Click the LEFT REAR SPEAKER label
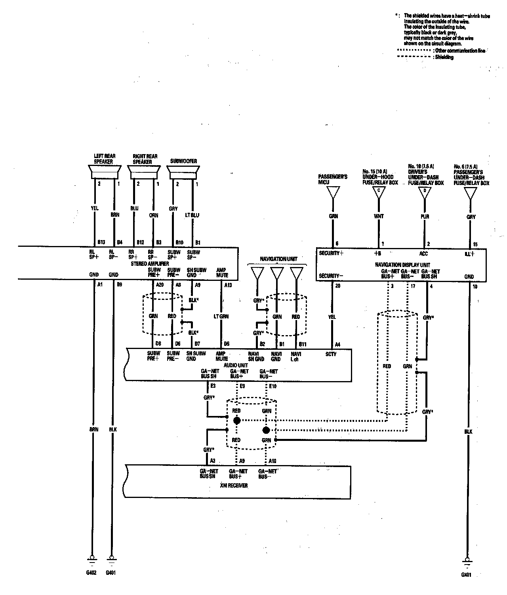pyautogui.click(x=105, y=159)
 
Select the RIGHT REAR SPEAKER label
pyautogui.click(x=145, y=159)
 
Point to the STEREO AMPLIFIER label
pyautogui.click(x=151, y=263)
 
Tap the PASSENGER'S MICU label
pyautogui.click(x=333, y=179)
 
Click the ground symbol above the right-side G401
pyautogui.click(x=467, y=561)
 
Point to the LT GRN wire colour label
pyautogui.click(x=221, y=317)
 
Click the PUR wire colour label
pyautogui.click(x=425, y=217)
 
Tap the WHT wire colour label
pyautogui.click(x=379, y=217)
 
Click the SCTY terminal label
pyautogui.click(x=331, y=354)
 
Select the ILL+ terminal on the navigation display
pyautogui.click(x=469, y=254)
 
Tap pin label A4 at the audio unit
pyautogui.click(x=337, y=344)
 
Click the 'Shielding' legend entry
pyautogui.click(x=444, y=57)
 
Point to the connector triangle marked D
pyautogui.click(x=425, y=192)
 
